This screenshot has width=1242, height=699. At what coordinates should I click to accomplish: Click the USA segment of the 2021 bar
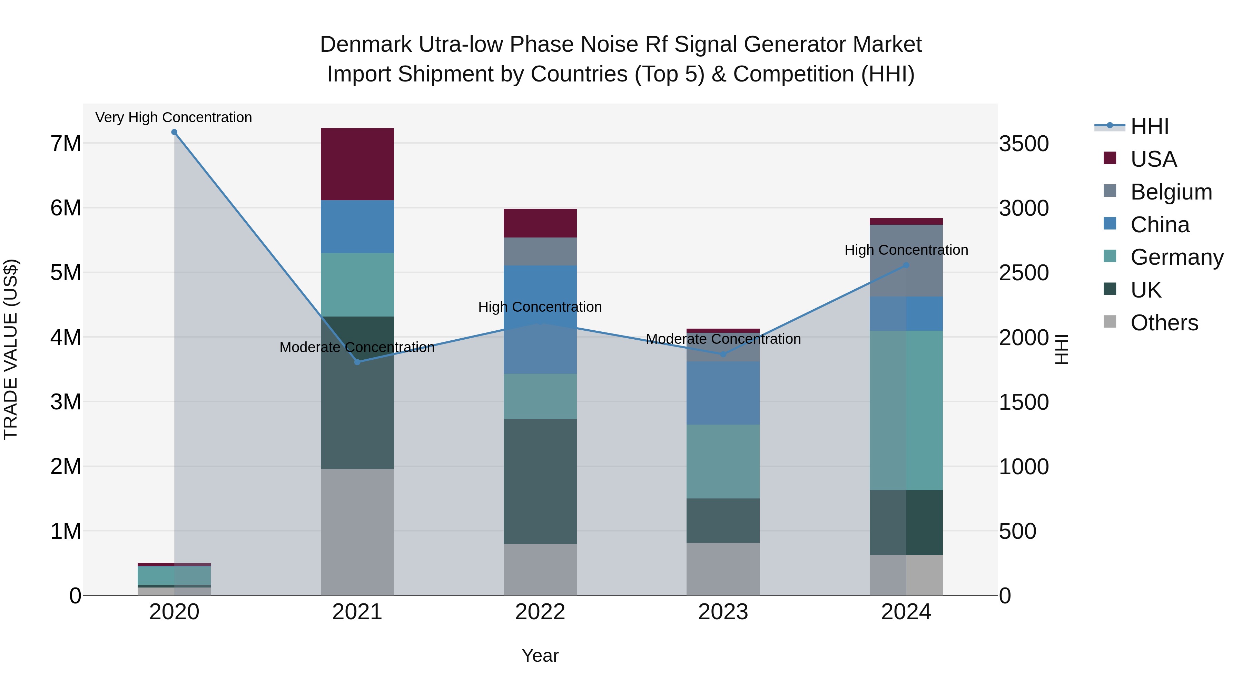(357, 164)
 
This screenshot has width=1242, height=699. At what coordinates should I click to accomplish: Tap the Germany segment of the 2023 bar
(723, 461)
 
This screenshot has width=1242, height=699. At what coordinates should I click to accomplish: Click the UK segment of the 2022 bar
(540, 482)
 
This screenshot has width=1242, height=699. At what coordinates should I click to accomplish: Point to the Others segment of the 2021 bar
(357, 532)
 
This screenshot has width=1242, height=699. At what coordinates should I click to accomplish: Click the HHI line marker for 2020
(175, 132)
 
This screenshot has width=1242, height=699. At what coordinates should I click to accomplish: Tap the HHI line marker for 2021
(357, 362)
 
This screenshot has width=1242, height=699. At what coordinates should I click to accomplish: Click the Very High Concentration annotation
(174, 118)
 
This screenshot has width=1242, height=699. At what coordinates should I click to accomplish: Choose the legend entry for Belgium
(1171, 192)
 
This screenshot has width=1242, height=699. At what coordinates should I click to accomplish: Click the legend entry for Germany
(1176, 257)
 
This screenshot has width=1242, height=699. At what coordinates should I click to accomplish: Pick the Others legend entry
(1164, 323)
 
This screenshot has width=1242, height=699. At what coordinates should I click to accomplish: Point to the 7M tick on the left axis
(66, 144)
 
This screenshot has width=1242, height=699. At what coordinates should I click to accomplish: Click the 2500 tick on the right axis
(1023, 273)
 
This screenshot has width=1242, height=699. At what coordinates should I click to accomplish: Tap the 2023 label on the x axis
(723, 612)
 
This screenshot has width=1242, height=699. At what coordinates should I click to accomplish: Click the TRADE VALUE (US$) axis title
(11, 349)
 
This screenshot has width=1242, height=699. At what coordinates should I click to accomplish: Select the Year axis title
(540, 656)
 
